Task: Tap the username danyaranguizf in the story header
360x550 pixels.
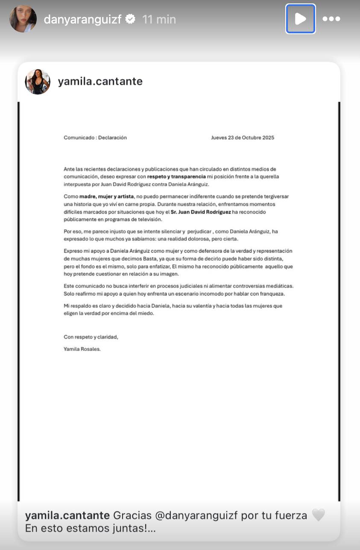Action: (x=83, y=19)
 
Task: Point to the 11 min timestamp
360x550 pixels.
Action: (x=159, y=19)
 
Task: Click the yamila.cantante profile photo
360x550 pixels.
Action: (x=38, y=81)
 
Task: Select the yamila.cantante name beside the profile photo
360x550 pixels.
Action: (x=100, y=81)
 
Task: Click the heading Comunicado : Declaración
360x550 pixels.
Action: (x=95, y=138)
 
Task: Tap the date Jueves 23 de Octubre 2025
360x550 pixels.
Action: (x=243, y=138)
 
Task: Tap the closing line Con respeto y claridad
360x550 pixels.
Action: (x=91, y=337)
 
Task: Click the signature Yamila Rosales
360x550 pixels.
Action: (x=82, y=349)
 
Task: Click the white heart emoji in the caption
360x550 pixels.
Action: (x=318, y=515)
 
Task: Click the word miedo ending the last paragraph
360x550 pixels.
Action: (x=143, y=313)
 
